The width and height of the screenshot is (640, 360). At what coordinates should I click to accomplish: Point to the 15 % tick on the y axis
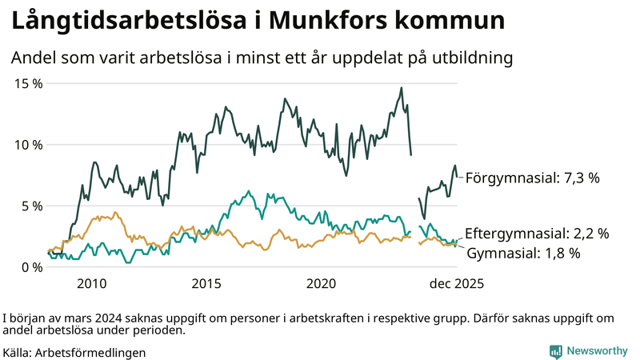(x=26, y=83)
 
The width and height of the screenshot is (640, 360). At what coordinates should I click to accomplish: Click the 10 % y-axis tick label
(x=26, y=145)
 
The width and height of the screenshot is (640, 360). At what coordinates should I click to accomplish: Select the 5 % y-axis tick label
(x=30, y=206)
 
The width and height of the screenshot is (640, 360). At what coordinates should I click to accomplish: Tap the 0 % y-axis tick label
(x=30, y=267)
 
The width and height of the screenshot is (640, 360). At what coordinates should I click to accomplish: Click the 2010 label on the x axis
(x=92, y=283)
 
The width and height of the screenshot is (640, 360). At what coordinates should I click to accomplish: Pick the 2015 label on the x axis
(x=206, y=283)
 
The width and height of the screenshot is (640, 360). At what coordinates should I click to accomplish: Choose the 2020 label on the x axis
(x=322, y=283)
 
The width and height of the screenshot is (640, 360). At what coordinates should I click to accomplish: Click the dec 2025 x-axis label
(x=456, y=283)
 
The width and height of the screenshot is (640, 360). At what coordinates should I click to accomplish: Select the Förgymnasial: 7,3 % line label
(x=532, y=178)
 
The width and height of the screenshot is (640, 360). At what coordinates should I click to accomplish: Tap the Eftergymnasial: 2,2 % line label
(x=537, y=234)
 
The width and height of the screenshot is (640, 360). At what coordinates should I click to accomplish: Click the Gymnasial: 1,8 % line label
(x=523, y=253)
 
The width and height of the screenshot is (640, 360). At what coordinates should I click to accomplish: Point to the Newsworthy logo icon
(x=555, y=351)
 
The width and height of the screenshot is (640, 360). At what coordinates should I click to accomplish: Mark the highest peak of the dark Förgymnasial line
(x=402, y=88)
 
